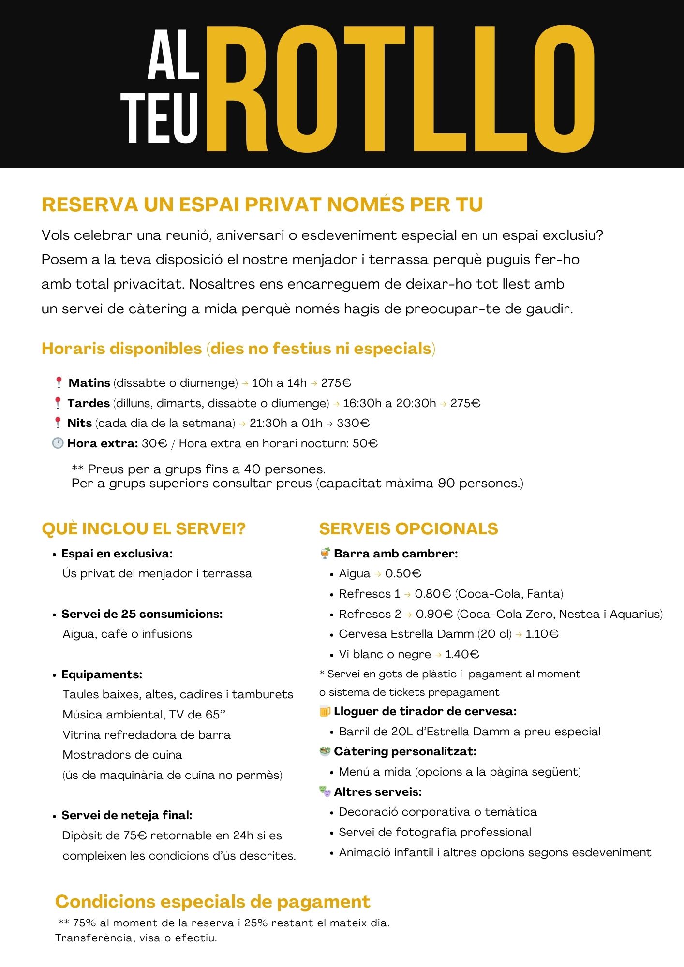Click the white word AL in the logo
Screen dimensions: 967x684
coord(173,55)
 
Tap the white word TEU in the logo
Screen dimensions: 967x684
coord(160,118)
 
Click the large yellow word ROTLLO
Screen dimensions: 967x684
coord(400,89)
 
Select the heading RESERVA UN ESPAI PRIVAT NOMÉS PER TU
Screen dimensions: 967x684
coord(262,205)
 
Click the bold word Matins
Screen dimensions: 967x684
coord(89,383)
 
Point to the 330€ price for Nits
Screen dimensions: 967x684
coord(353,423)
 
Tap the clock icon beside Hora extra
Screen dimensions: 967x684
coord(58,443)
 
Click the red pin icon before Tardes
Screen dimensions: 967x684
coord(58,403)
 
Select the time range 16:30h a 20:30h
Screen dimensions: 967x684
coord(389,403)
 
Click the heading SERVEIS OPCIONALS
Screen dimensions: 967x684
coord(408,528)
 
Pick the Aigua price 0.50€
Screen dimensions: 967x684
coord(403,573)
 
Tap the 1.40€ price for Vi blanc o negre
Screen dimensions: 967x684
coord(462,654)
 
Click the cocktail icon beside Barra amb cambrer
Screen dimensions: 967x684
coord(325,553)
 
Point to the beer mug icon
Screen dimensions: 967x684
coord(325,711)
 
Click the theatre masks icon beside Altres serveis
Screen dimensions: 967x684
coord(325,791)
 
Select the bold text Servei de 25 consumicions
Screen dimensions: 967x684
coord(142,614)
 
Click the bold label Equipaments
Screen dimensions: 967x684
coord(102,674)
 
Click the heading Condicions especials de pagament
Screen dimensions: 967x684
coord(213,902)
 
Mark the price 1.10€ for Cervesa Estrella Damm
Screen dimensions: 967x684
coord(542,634)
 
